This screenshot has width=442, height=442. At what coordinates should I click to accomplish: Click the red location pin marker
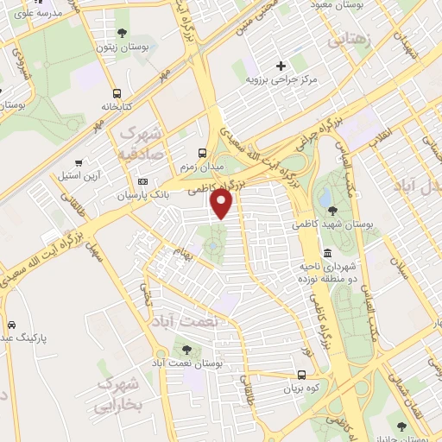tap(223, 204)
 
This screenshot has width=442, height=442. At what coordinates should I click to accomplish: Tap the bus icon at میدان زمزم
tap(202, 149)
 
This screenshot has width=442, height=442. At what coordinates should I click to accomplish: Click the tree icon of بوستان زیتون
tap(121, 33)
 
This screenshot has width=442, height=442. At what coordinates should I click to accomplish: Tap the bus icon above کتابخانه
tap(116, 93)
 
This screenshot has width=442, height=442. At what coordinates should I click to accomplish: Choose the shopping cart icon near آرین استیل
tap(79, 161)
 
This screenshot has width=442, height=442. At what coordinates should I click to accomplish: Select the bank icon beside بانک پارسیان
tap(142, 181)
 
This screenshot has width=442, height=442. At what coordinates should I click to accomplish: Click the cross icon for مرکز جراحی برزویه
tap(281, 66)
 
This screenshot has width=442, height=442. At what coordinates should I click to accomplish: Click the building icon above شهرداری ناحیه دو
tap(327, 254)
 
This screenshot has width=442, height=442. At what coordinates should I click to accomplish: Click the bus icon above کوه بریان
tap(300, 376)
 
